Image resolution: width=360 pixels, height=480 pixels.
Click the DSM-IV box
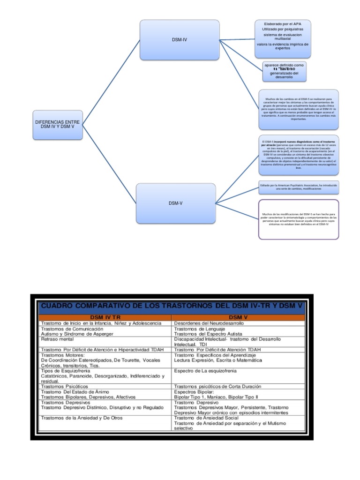click(179, 40)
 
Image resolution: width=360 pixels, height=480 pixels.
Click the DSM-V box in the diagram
click(175, 203)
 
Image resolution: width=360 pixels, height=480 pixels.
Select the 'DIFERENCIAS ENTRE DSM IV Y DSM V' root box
click(58, 124)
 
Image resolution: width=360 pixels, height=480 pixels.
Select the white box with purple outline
click(298, 219)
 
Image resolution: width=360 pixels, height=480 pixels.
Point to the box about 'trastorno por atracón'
click(298, 155)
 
